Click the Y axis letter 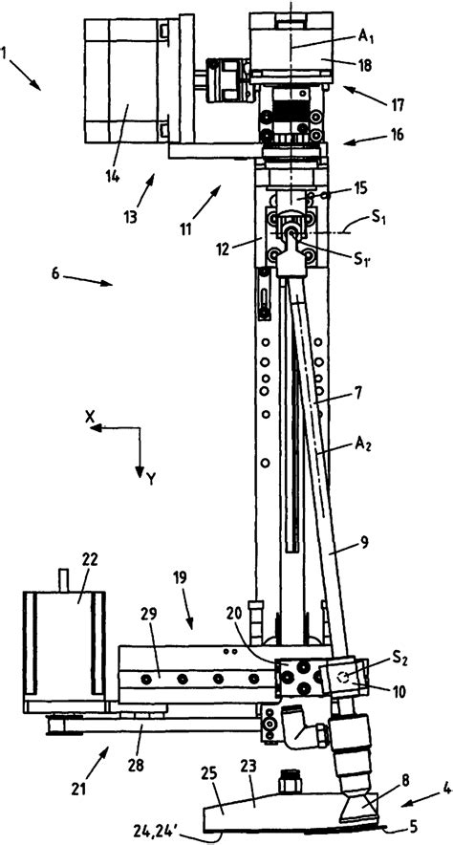tap(152, 480)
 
